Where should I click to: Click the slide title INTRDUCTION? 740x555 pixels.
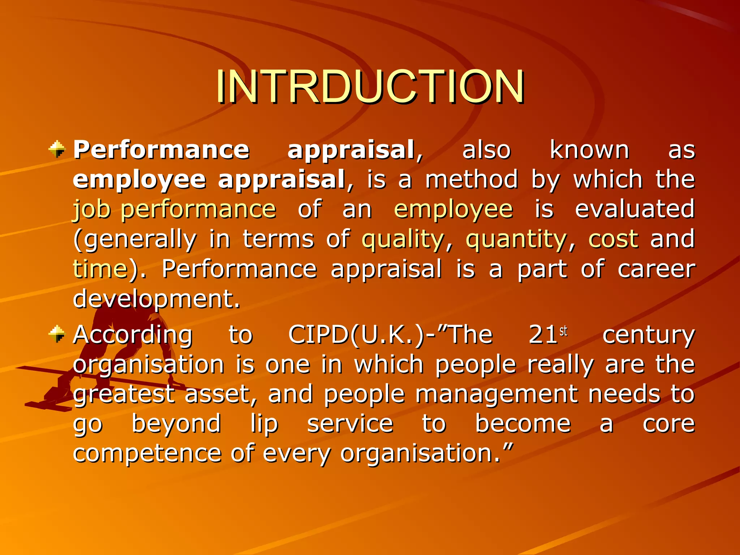pyautogui.click(x=370, y=87)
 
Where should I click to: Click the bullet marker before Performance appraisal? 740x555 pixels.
pyautogui.click(x=57, y=149)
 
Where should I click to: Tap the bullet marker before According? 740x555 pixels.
pyautogui.click(x=57, y=334)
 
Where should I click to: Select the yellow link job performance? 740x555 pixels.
pyautogui.click(x=175, y=210)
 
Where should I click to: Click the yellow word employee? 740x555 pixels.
pyautogui.click(x=453, y=210)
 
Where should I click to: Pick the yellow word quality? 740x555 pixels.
pyautogui.click(x=403, y=239)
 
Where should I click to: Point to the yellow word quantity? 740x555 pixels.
pyautogui.click(x=516, y=239)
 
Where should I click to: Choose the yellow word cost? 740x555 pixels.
pyautogui.click(x=613, y=239)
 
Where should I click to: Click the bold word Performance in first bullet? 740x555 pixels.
pyautogui.click(x=161, y=150)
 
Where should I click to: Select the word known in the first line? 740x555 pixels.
pyautogui.click(x=589, y=150)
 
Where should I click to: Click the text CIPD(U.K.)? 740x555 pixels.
pyautogui.click(x=356, y=335)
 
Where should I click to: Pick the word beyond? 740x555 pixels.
pyautogui.click(x=176, y=424)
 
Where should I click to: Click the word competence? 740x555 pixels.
pyautogui.click(x=147, y=453)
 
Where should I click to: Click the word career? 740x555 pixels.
pyautogui.click(x=656, y=269)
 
